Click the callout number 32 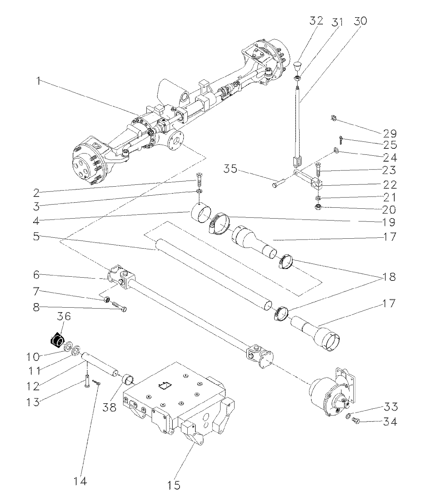click(315, 21)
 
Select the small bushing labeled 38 click(128, 381)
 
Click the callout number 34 click(390, 422)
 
